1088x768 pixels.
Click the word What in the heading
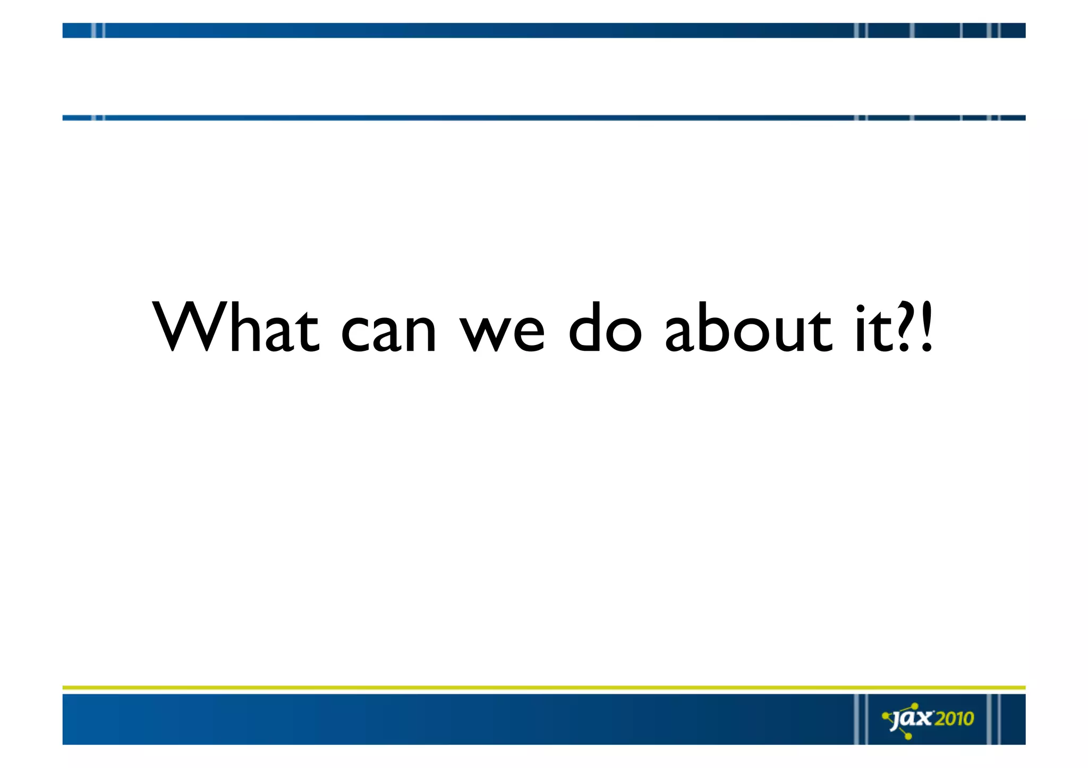pyautogui.click(x=236, y=327)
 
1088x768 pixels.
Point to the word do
pyautogui.click(x=605, y=327)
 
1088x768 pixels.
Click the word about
pyautogui.click(x=749, y=327)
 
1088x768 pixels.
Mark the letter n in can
pyautogui.click(x=419, y=334)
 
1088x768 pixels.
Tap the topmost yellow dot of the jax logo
pyautogui.click(x=914, y=705)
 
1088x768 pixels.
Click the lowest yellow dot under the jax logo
pyautogui.click(x=908, y=736)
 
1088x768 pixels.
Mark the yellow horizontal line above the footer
pyautogui.click(x=544, y=687)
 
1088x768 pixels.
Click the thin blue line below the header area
pyautogui.click(x=544, y=118)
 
